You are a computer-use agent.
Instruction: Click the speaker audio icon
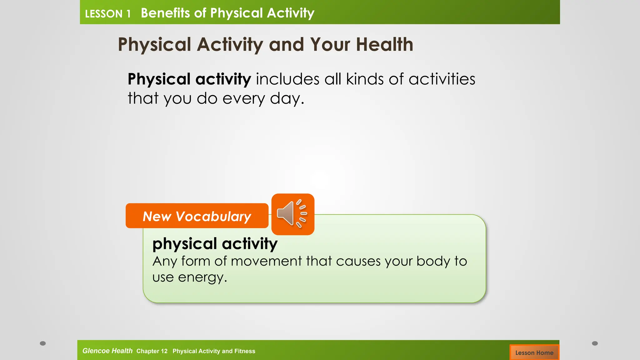pos(292,214)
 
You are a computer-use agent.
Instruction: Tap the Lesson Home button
pos(534,352)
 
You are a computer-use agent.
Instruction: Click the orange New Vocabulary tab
pos(197,216)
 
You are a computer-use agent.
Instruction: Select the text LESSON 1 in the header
pos(107,14)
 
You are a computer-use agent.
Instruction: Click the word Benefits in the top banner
pos(165,13)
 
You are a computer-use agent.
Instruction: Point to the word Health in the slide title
pos(384,44)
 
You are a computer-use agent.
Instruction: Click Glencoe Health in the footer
pos(107,351)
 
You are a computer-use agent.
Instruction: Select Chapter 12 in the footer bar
pos(152,351)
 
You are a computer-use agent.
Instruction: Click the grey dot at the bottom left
pos(43,343)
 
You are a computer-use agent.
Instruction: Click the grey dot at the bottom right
pos(595,343)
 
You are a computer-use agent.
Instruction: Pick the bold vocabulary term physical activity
pos(215,243)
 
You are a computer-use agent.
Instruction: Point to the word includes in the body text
pos(287,79)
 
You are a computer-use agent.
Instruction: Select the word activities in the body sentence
pos(442,79)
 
